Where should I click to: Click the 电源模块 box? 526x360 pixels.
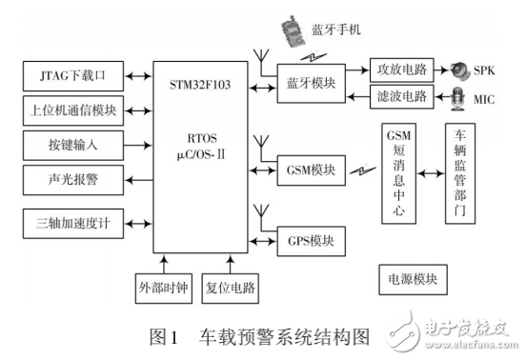413,280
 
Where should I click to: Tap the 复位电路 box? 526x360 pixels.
230,286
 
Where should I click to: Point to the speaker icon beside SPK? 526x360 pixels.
460,70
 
